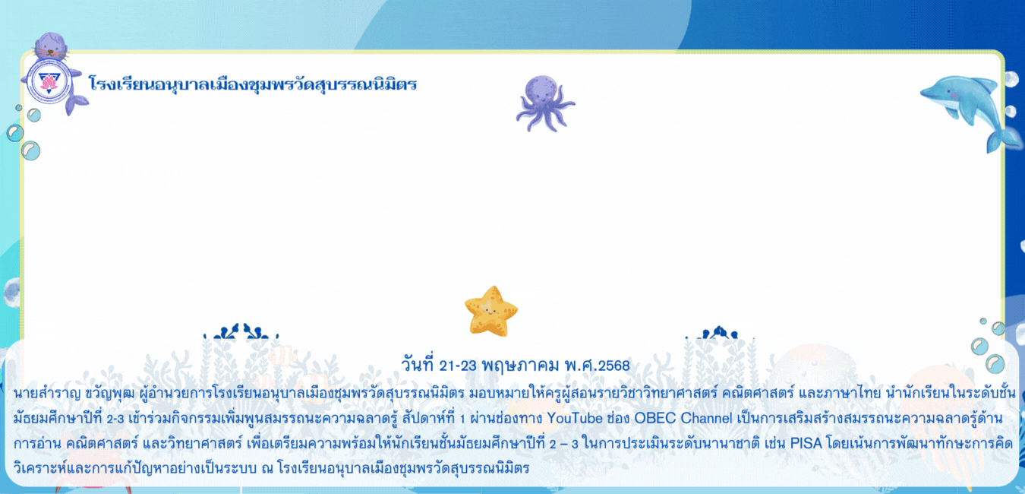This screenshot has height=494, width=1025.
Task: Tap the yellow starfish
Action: [491, 312]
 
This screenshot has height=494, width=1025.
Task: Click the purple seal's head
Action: [51, 46]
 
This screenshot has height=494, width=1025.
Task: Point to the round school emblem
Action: [49, 81]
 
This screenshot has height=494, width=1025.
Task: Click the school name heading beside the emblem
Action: [253, 84]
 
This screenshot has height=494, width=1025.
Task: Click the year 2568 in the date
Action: [614, 366]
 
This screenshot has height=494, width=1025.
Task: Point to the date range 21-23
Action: [458, 366]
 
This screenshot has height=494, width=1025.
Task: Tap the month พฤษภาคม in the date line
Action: [520, 366]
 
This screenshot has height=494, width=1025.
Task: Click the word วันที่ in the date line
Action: [418, 365]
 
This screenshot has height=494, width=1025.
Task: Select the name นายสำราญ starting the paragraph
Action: [47, 393]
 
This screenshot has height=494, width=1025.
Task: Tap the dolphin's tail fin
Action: [1004, 139]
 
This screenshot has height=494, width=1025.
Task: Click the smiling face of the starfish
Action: [490, 312]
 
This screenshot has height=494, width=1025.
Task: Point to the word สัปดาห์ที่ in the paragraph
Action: [429, 417]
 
